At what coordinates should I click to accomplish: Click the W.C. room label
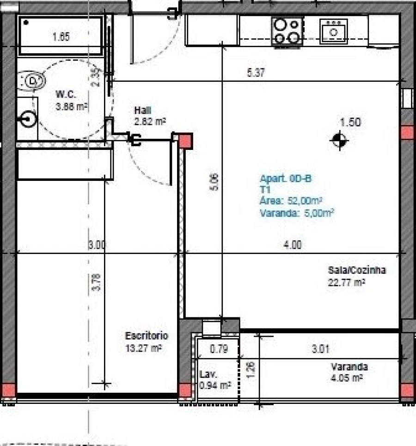tap(65, 94)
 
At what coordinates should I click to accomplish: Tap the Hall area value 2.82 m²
tap(150, 121)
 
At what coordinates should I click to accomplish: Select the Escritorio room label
tap(147, 335)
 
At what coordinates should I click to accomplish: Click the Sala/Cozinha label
tap(356, 271)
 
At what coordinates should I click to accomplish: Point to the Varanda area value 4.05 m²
tap(346, 378)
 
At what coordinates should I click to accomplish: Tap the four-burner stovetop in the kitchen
tap(287, 31)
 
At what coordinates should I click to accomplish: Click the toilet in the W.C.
tap(33, 81)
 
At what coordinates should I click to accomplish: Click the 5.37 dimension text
tap(257, 72)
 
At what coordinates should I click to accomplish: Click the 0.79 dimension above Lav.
tap(219, 349)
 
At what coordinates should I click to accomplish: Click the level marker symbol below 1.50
tap(340, 140)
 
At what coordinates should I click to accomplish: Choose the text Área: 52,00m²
tap(291, 201)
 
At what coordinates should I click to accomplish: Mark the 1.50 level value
tap(350, 123)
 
